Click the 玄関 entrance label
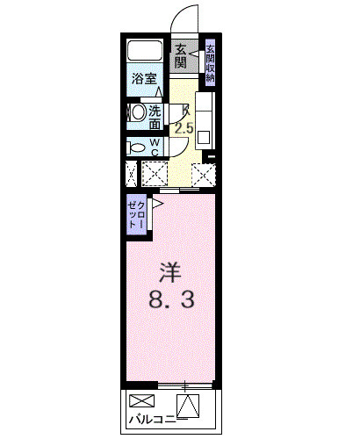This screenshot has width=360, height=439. coord(180,57)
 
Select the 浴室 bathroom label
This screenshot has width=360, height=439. coord(145,78)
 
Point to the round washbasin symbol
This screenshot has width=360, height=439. coord(136,113)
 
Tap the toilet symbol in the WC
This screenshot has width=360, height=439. coord(136,147)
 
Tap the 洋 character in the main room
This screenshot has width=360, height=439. coord(170,270)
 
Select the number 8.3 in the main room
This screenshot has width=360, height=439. coord(170,299)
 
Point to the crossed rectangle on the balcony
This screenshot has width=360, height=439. coord(140,402)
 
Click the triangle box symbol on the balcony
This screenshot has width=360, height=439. coord(188,406)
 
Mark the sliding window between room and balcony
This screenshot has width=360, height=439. coord(184,385)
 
